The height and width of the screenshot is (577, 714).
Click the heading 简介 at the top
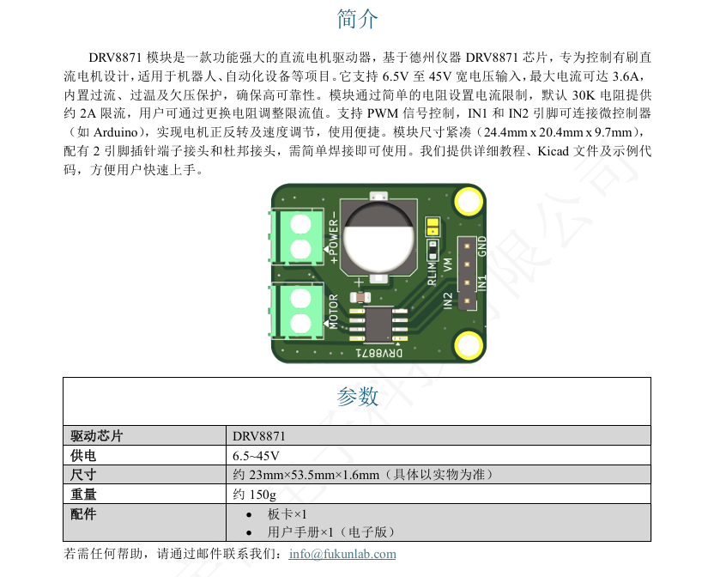[358, 19]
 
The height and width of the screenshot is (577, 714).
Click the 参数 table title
[358, 397]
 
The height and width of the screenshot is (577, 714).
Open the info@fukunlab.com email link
[342, 554]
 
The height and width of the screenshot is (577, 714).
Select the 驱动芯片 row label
[96, 435]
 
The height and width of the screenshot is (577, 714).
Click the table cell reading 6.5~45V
[256, 456]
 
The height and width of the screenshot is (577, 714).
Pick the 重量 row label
[83, 494]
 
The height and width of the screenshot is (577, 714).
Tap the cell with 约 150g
[255, 495]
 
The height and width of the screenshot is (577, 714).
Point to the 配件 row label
[83, 514]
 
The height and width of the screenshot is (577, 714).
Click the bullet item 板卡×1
[287, 514]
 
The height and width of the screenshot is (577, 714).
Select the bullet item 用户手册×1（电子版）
[331, 531]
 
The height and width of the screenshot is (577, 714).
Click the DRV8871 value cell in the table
[258, 436]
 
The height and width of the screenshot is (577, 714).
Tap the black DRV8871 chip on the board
[378, 325]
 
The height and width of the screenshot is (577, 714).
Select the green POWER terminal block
[296, 236]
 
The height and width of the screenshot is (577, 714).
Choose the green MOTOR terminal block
[296, 311]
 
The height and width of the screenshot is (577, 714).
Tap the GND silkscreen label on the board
[481, 246]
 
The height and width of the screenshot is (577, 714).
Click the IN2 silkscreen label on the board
[447, 301]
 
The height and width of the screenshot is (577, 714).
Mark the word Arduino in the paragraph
[116, 132]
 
